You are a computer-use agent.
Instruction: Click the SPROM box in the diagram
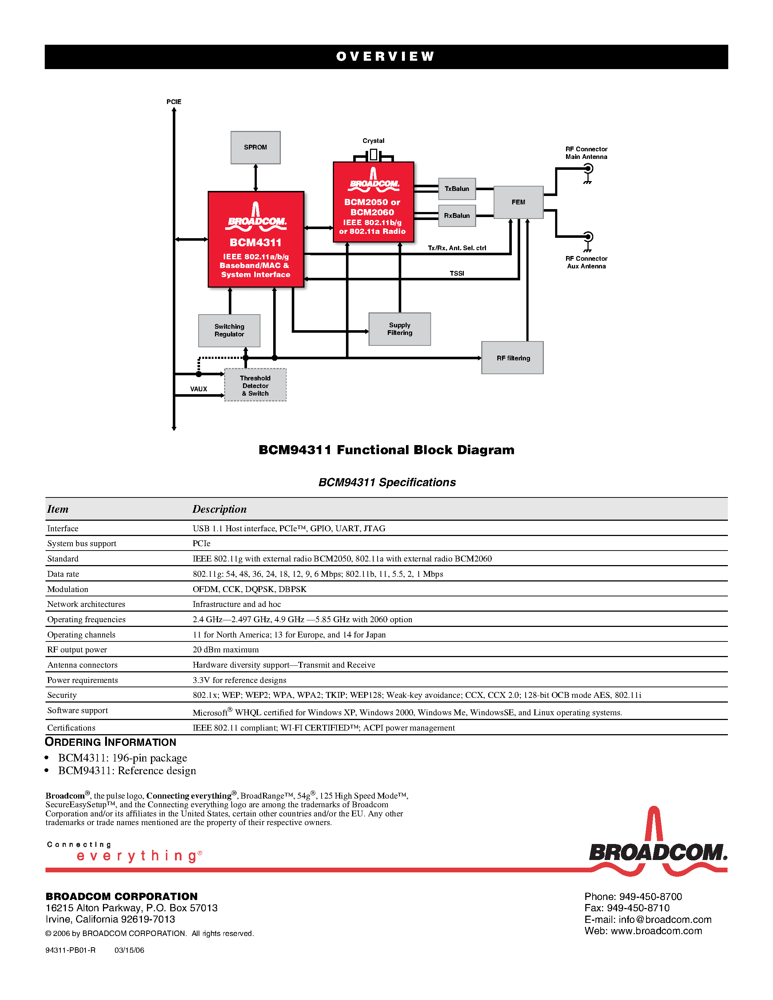[255, 147]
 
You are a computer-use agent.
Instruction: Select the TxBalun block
[457, 189]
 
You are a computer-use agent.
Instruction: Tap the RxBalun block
[457, 216]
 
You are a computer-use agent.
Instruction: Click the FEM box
[518, 202]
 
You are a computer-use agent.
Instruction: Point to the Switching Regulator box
[229, 330]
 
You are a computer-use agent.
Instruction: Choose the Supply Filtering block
[399, 329]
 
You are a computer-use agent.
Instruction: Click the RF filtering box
[513, 357]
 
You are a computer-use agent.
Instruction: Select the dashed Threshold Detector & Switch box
[255, 385]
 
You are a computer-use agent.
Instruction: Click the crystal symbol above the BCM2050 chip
[373, 155]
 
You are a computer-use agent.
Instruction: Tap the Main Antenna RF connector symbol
[588, 169]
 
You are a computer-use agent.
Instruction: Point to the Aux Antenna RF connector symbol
[588, 237]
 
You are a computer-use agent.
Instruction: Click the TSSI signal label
[457, 273]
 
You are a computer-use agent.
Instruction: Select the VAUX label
[198, 389]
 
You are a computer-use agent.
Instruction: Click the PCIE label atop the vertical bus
[174, 102]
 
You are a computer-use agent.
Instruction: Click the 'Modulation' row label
[67, 589]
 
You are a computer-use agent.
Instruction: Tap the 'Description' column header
[219, 509]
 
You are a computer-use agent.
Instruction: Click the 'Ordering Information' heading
[110, 742]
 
